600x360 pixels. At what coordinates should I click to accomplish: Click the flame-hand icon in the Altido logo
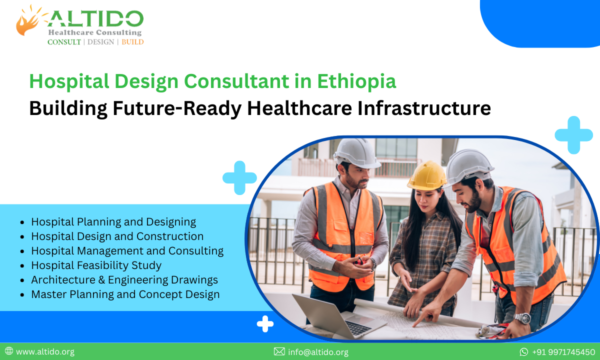coord(28,21)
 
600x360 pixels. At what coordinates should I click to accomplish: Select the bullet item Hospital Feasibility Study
coord(96,265)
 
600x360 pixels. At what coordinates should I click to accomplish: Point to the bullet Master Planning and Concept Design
coord(125,294)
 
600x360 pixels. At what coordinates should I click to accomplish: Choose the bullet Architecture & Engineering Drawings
coord(124,280)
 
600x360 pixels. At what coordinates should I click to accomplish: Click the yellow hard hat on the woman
coord(426,175)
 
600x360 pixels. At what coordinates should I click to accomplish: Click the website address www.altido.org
coord(45,352)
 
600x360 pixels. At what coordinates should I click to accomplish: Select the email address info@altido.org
coord(318,352)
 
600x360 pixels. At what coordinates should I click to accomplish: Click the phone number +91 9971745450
coord(563,352)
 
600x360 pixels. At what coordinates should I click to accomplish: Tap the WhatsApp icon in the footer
coord(524,352)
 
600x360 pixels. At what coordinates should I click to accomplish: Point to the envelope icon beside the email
coord(279,352)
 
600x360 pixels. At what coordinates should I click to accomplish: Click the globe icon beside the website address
coord(9,351)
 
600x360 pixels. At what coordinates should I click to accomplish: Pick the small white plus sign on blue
coord(265,324)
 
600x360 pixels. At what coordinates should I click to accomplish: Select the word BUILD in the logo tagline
coord(132,42)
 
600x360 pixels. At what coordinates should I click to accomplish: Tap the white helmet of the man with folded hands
coord(356,152)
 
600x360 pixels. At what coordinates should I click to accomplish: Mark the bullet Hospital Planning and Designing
coord(113,221)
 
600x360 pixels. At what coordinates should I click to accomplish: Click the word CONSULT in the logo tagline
coord(64,42)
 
